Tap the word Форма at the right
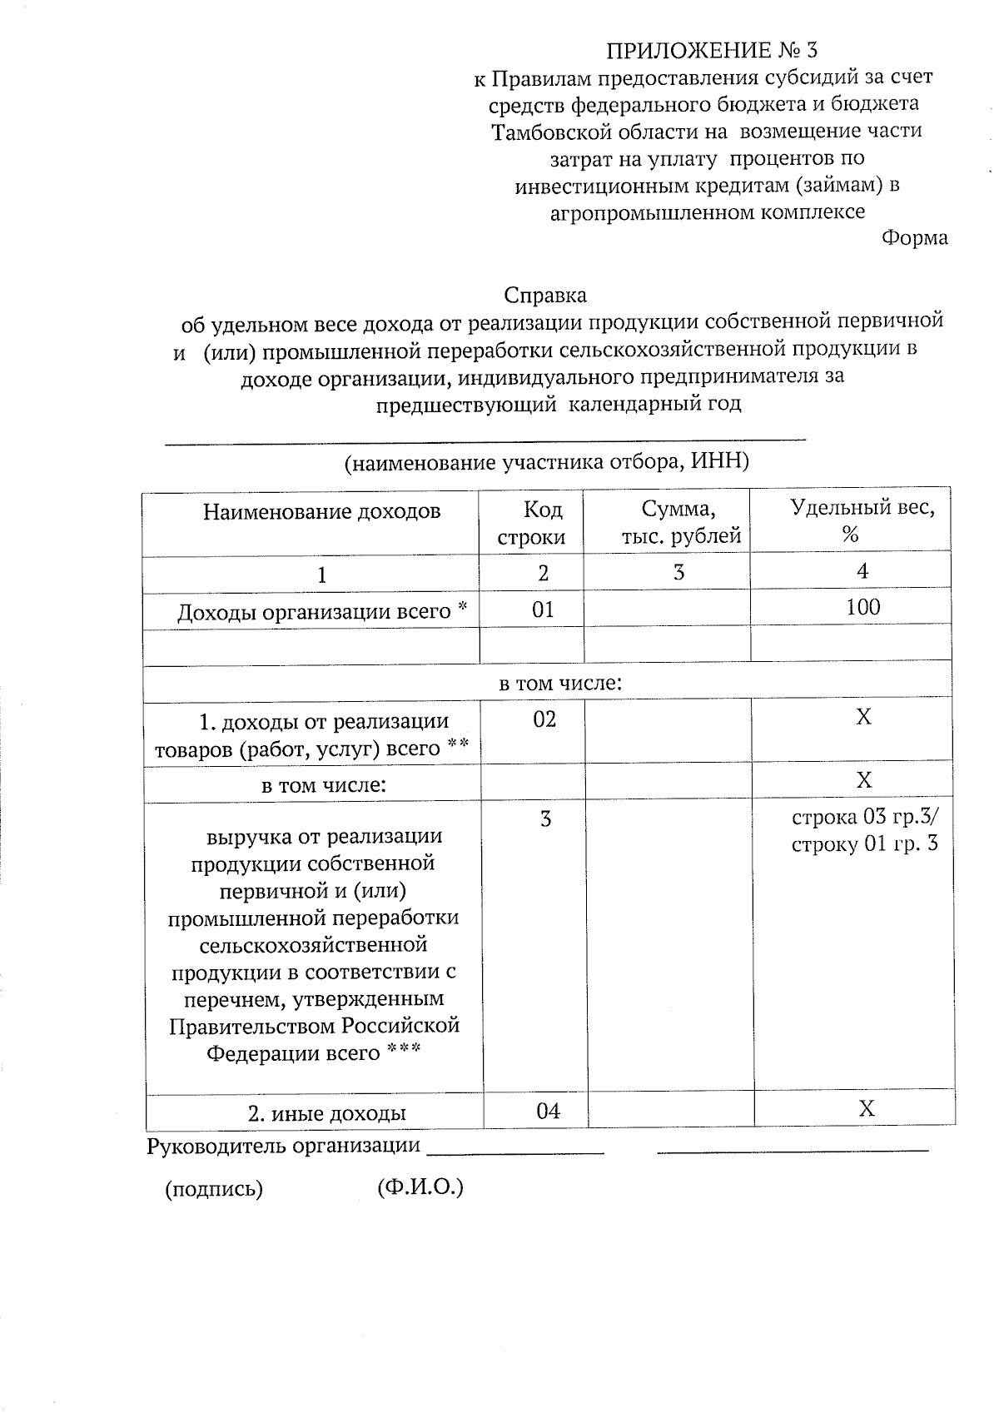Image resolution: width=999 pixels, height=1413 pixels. point(914,238)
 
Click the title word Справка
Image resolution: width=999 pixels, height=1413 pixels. point(545,296)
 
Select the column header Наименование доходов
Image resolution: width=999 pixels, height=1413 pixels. point(321,511)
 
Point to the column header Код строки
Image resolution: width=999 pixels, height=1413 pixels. point(531,523)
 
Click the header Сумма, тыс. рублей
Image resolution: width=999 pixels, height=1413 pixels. point(680,523)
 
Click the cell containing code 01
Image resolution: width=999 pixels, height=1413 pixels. point(543,609)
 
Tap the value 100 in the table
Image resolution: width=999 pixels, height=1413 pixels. point(862,607)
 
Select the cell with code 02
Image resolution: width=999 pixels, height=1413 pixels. point(544,719)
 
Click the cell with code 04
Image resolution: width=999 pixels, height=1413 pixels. point(548,1112)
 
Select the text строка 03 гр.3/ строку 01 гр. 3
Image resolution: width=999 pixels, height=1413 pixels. point(864,831)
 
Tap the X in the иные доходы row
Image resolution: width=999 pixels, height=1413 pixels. point(866,1109)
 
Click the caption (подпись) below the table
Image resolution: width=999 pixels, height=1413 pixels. point(214,1190)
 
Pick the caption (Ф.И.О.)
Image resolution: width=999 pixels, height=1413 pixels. point(420,1187)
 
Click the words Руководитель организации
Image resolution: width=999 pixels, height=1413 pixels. point(283,1147)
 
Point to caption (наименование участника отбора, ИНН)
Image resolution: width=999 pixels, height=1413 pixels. point(547,463)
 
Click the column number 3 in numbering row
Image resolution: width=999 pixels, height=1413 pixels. point(679,573)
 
